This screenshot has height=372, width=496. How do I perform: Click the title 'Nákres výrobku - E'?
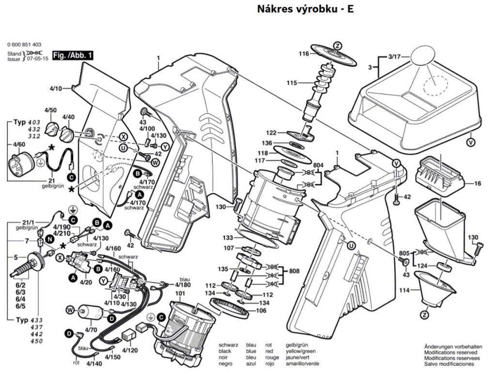(x=302, y=9)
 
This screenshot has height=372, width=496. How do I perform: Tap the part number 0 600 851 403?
(x=28, y=44)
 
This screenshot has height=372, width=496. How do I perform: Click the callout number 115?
(x=291, y=83)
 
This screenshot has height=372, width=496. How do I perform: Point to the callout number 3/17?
(x=396, y=57)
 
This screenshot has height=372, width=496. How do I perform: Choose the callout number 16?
(x=478, y=184)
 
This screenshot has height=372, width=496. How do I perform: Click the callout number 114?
(x=403, y=290)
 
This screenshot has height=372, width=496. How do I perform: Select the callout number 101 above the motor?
(x=180, y=294)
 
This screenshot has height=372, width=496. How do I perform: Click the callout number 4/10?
(x=56, y=89)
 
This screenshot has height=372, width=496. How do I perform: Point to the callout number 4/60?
(x=19, y=145)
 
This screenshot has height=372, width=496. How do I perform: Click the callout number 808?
(x=294, y=271)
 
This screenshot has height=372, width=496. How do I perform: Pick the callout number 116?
(x=304, y=54)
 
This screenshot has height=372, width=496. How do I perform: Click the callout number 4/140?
(x=94, y=363)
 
